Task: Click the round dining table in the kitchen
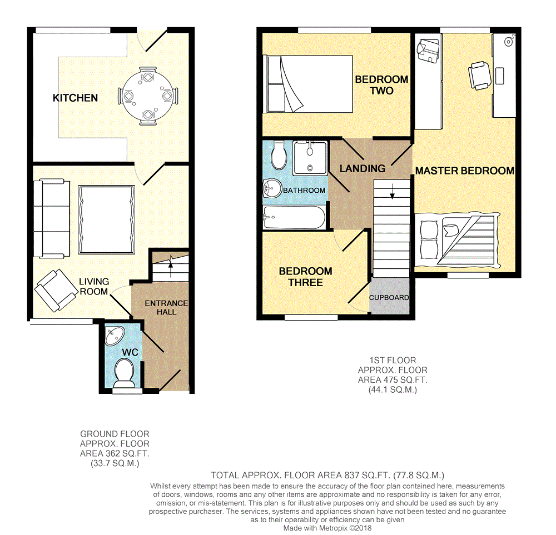147,96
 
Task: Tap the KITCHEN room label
75,98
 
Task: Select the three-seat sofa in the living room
52,218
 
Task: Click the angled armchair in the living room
56,291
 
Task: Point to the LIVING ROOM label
94,287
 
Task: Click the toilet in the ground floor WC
124,373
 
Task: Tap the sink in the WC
115,336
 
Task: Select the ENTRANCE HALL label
166,308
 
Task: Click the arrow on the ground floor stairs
171,266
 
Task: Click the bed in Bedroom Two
307,84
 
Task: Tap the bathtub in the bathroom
294,218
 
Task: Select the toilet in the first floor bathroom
279,155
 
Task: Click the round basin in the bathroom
272,188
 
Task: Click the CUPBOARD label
389,298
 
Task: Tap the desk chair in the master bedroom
480,76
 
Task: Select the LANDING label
363,169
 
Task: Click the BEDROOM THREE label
306,277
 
